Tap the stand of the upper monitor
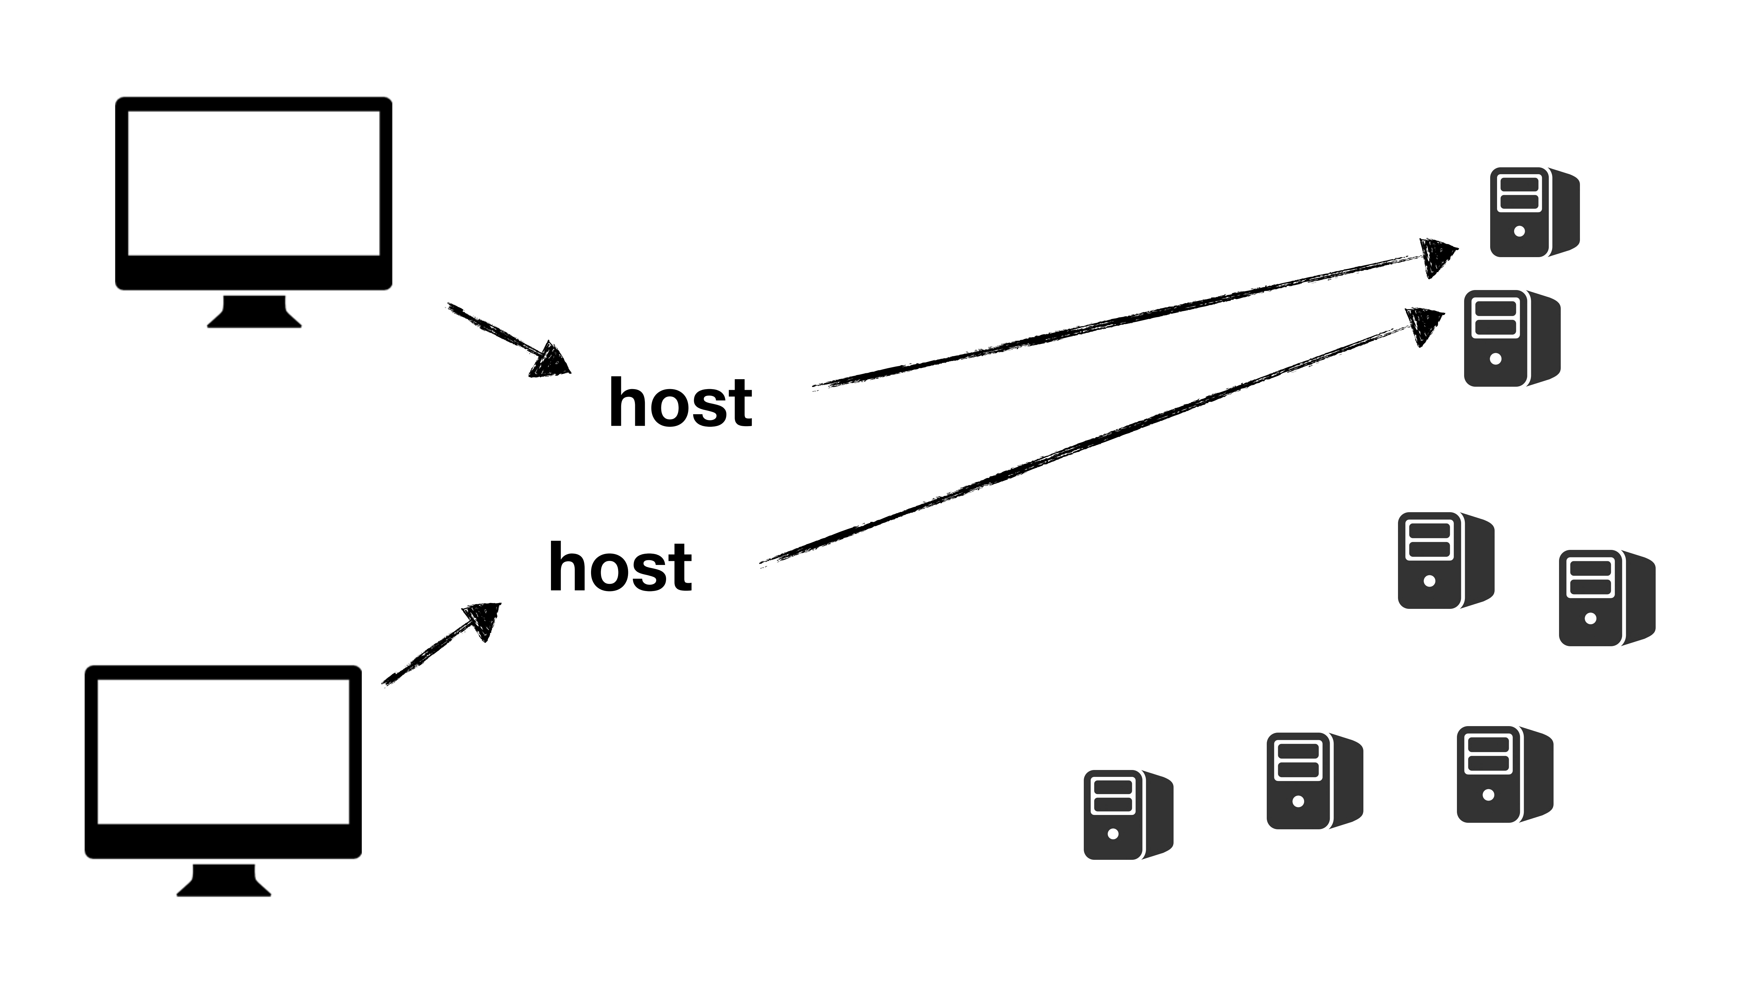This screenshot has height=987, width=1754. click(254, 312)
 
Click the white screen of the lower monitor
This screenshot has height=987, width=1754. click(223, 751)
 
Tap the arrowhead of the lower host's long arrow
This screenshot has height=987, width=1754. click(1424, 326)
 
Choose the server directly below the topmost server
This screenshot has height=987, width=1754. click(1512, 338)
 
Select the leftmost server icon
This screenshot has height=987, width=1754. click(1128, 815)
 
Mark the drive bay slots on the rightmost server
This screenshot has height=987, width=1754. click(1589, 578)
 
